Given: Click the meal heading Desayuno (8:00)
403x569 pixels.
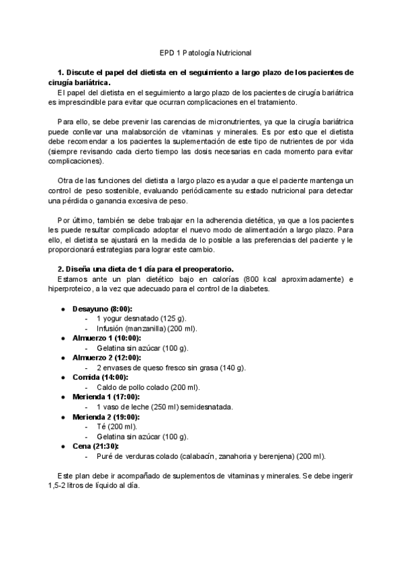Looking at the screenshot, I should click(101, 308).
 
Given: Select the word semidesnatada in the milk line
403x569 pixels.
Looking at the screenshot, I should click(206, 407).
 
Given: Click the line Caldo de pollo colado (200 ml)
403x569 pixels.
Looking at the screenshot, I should click(148, 387).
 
